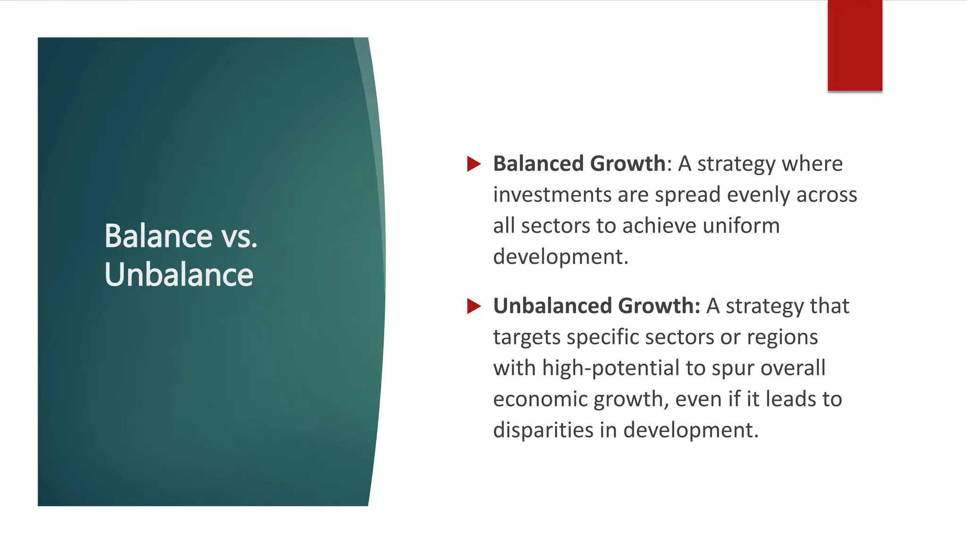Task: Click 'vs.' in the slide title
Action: pyautogui.click(x=239, y=237)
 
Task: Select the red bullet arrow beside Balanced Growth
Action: pyautogui.click(x=473, y=164)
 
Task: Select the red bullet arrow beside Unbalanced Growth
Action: pyautogui.click(x=473, y=306)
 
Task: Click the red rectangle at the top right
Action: pyautogui.click(x=855, y=45)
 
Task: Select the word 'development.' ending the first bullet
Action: pyautogui.click(x=560, y=257)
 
